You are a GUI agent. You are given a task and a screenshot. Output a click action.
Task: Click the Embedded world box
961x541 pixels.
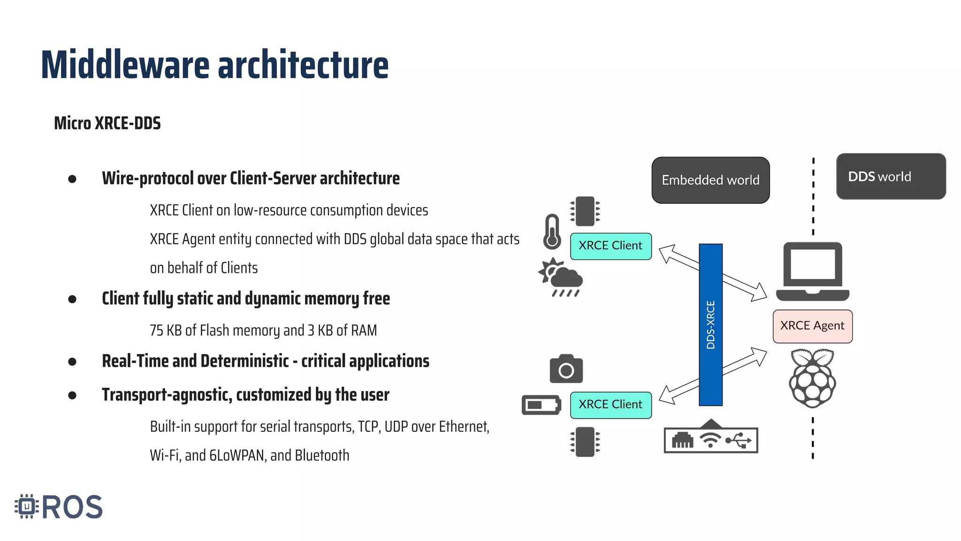tap(710, 180)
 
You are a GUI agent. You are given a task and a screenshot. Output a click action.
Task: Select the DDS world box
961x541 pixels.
tap(891, 177)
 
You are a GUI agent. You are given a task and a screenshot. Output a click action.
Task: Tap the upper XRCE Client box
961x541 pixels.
tap(610, 246)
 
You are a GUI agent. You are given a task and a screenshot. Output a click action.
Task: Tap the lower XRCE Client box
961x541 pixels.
tap(610, 405)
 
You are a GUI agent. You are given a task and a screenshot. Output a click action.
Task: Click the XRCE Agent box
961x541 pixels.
tap(812, 326)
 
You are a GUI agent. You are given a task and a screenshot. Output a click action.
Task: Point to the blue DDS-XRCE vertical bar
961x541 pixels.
tap(710, 324)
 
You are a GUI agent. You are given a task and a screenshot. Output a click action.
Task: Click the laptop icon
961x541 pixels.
tap(812, 271)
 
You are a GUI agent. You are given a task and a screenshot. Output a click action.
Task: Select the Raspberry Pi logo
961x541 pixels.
tap(812, 378)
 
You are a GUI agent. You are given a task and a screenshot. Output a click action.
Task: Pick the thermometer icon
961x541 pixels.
tap(552, 232)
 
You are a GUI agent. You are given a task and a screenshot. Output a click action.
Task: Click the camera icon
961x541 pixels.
tap(566, 369)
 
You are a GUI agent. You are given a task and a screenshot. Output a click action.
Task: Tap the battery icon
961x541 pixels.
tap(541, 405)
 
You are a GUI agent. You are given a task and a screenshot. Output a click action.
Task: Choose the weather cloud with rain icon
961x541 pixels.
tap(562, 278)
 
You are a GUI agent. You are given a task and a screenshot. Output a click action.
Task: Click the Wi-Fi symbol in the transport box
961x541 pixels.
tap(710, 441)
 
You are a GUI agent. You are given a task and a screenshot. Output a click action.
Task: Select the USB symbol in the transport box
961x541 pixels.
tap(738, 441)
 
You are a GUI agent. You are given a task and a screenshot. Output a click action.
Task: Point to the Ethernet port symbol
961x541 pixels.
tap(682, 441)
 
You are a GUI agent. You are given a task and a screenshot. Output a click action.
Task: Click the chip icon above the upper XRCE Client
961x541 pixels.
tap(585, 211)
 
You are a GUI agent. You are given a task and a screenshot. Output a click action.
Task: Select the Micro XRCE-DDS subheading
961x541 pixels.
tap(107, 124)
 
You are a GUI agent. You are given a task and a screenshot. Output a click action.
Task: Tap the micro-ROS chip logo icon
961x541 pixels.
tap(27, 506)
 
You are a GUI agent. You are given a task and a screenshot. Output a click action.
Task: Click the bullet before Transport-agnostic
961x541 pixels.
tap(72, 395)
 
